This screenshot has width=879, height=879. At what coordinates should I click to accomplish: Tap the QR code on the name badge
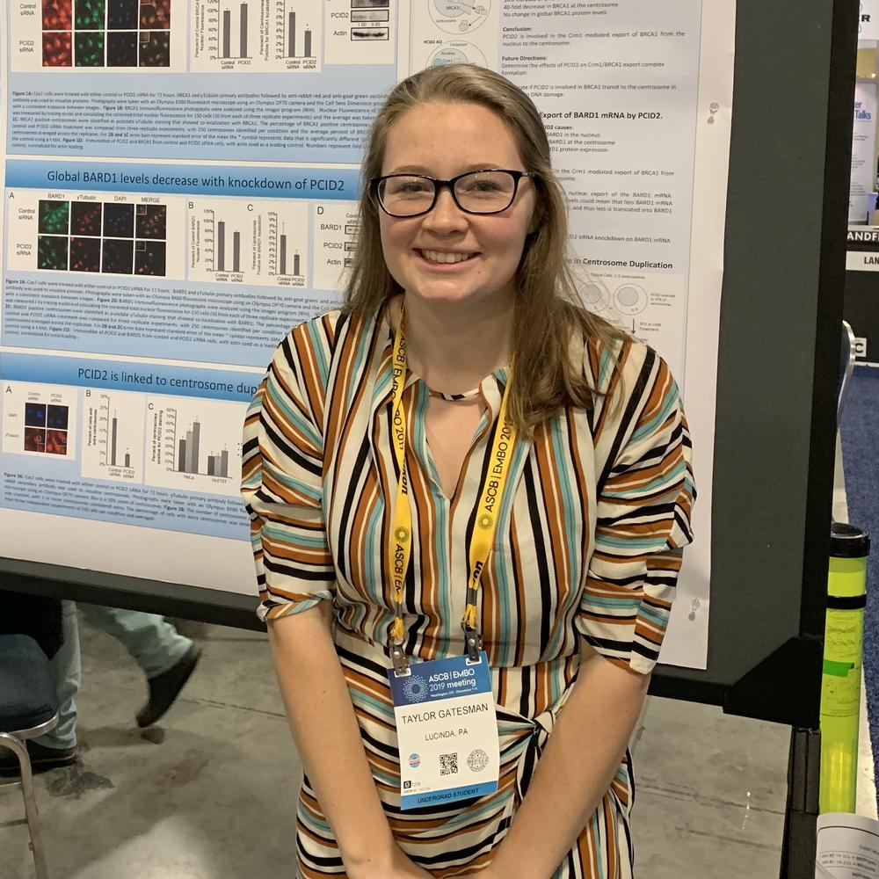(x=448, y=763)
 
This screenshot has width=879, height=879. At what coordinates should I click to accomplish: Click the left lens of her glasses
(x=409, y=194)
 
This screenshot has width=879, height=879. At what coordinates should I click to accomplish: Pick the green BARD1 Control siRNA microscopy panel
(x=53, y=216)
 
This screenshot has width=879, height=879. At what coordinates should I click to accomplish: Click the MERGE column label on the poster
(x=150, y=197)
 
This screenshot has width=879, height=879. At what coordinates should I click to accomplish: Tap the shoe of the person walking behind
(x=167, y=686)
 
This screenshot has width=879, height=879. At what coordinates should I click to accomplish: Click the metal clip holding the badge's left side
(x=399, y=655)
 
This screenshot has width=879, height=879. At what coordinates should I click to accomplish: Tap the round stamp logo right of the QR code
(x=477, y=759)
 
